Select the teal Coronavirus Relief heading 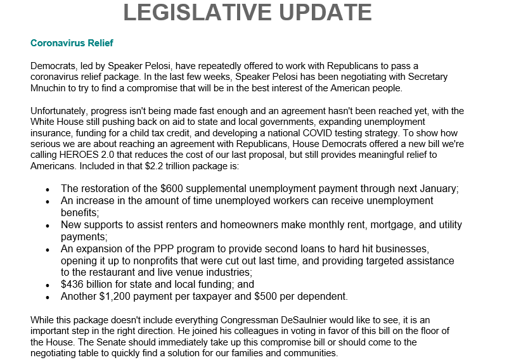tap(72, 43)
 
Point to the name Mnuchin tap(50, 88)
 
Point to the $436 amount tap(72, 285)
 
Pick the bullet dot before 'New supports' tap(48, 226)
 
